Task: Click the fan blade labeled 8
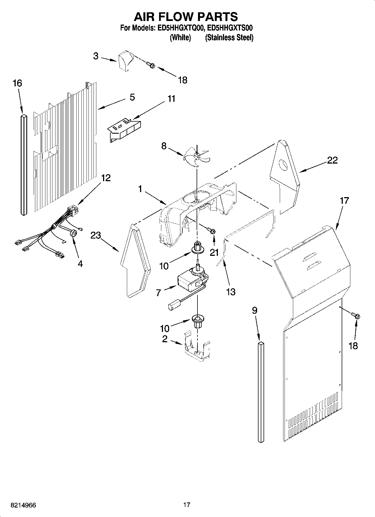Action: pos(197,157)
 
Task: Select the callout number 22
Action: pos(332,160)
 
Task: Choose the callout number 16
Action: pos(17,83)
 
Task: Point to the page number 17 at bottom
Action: pos(187,505)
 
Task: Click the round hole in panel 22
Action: pos(284,166)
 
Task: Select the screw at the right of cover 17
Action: pos(356,316)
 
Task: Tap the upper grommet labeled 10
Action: pos(197,247)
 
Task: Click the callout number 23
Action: pos(96,235)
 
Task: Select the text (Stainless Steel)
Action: pos(229,38)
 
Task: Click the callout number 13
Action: pos(230,292)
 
